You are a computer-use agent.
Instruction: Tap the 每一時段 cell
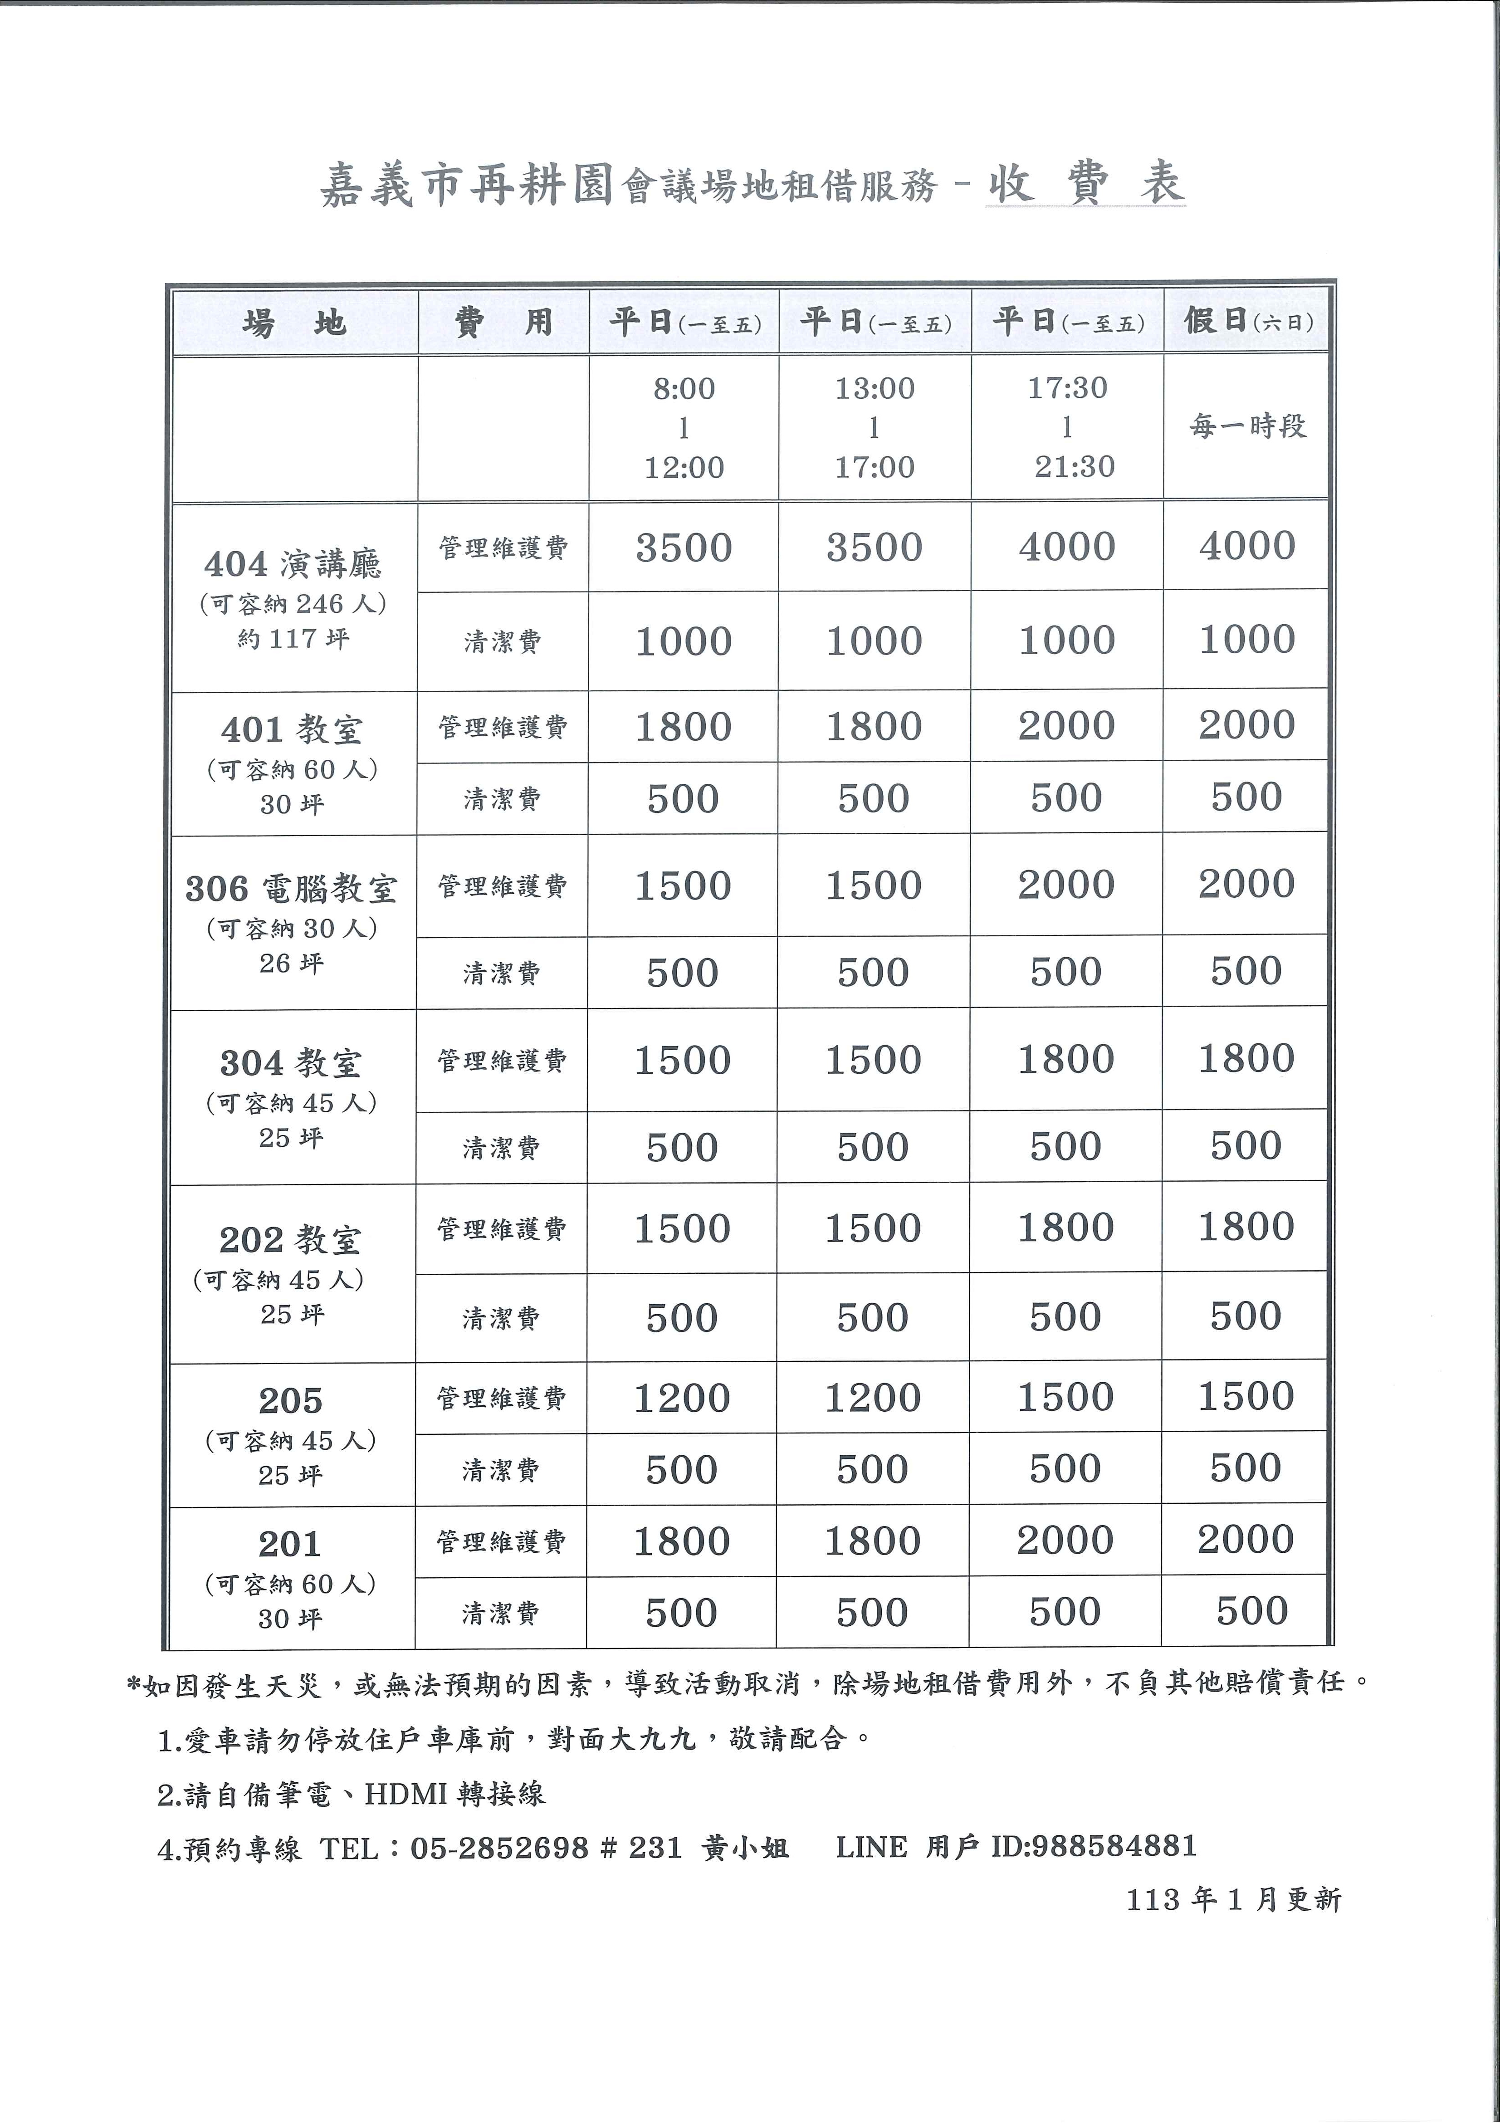point(1247,426)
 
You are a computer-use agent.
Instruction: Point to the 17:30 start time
point(1067,387)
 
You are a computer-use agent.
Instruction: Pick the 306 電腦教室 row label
point(291,889)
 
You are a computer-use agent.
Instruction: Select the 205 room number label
point(290,1401)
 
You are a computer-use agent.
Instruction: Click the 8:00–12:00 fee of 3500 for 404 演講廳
point(684,548)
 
